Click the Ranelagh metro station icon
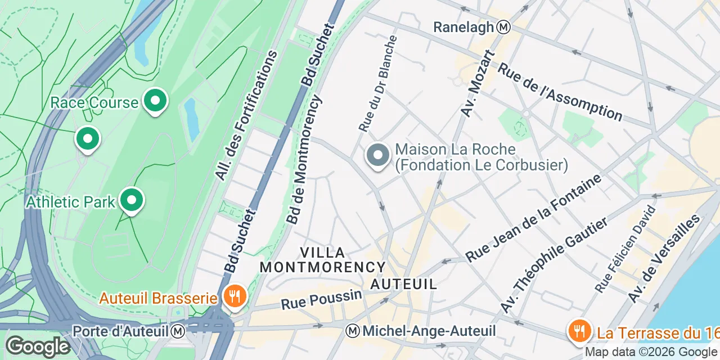(505, 26)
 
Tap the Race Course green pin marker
(155, 101)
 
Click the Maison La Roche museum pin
(378, 155)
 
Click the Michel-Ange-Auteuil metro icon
(353, 331)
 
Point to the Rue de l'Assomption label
(560, 93)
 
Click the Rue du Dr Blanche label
(378, 84)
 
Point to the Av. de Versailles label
(665, 259)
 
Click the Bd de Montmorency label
(304, 160)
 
